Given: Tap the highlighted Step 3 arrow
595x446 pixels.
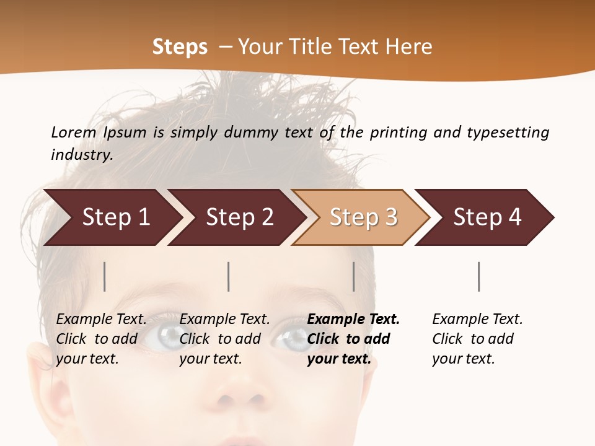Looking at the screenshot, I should click(363, 217).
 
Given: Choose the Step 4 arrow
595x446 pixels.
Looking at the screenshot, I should click(487, 217).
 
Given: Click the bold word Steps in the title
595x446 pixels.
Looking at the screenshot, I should click(180, 47).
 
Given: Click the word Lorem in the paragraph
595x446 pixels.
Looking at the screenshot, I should click(74, 132).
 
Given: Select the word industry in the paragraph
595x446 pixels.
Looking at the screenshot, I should click(82, 155).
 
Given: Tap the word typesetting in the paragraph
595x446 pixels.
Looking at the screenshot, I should click(508, 132).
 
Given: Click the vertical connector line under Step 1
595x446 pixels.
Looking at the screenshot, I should click(105, 276).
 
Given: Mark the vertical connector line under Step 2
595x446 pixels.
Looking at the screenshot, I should click(229, 276).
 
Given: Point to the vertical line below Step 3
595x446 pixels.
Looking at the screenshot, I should click(353, 276).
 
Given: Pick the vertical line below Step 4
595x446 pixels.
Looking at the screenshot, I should click(478, 276).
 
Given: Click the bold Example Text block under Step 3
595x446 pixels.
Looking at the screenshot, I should click(353, 339).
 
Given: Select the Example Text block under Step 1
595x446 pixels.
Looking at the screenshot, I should click(101, 339).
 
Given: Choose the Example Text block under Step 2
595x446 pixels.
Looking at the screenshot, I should click(224, 339).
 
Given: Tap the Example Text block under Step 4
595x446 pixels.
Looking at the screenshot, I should click(477, 339).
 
